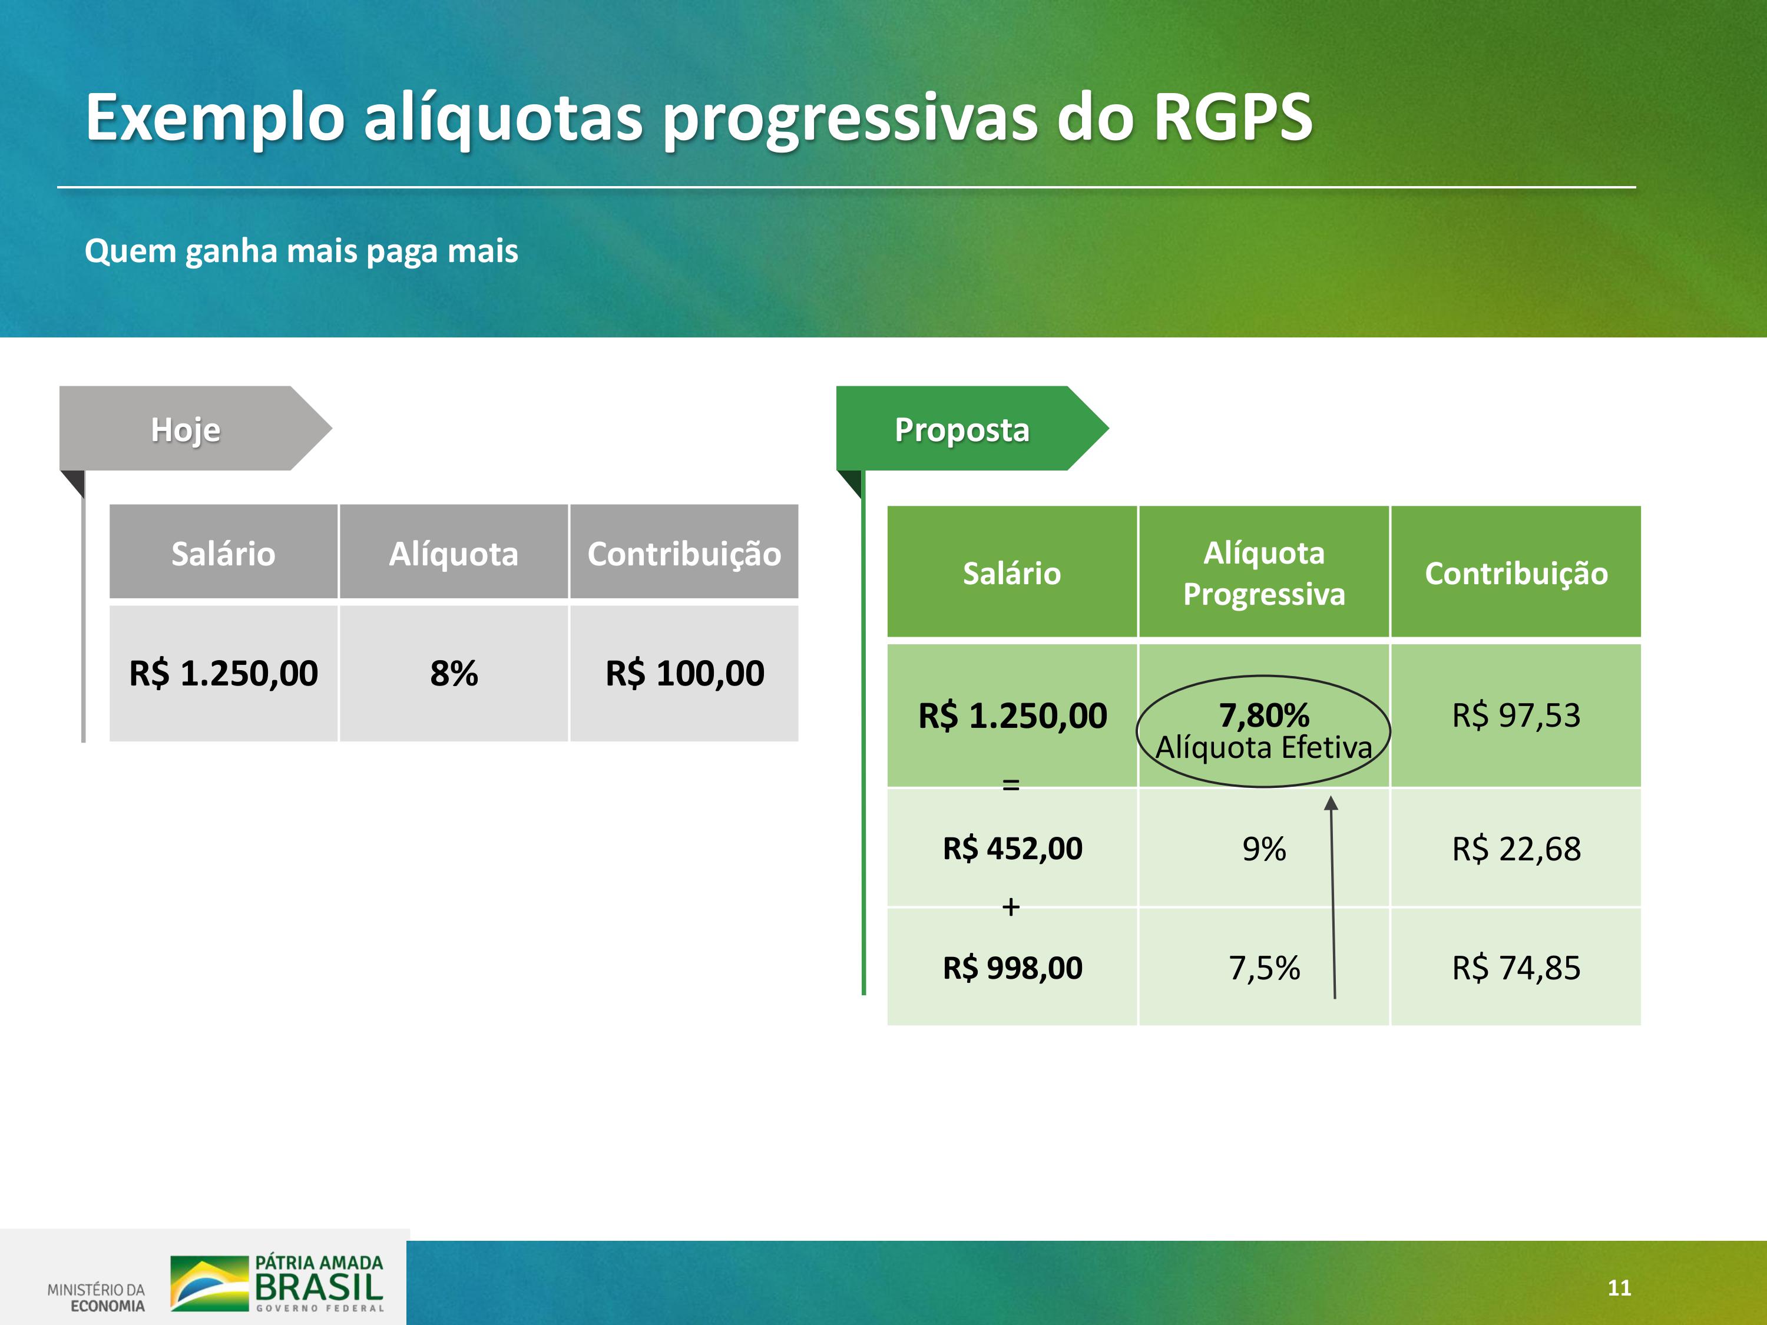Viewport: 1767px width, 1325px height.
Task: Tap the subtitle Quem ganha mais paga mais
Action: [301, 251]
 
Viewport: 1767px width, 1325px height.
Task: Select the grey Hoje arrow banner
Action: [195, 428]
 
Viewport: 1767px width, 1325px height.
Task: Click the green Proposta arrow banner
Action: [972, 428]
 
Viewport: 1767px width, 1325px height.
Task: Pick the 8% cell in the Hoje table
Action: [454, 673]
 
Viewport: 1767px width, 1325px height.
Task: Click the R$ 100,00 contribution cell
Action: [684, 673]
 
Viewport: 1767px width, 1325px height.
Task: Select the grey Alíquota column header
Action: [454, 554]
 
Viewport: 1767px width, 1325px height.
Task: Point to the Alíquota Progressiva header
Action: [1264, 572]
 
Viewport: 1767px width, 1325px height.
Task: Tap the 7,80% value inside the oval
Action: [1264, 715]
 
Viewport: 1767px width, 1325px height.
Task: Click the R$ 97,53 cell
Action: [1516, 715]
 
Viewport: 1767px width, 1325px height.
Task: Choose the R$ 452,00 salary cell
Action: [1012, 848]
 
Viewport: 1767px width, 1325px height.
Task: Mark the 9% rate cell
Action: [1264, 848]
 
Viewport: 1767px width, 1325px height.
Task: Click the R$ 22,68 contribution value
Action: [1516, 848]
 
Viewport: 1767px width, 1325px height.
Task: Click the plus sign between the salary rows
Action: [1011, 906]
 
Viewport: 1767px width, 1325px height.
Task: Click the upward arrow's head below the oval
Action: [1331, 803]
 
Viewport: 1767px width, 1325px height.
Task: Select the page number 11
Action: [1619, 1287]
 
